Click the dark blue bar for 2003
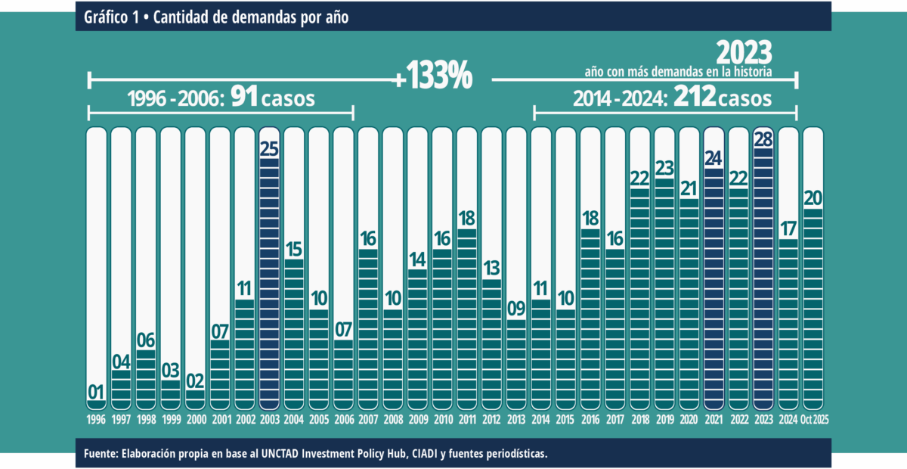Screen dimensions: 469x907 pos(270,287)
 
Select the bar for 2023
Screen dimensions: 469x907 pos(763,280)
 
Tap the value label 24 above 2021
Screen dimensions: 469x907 pos(714,158)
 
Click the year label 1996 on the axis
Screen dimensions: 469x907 pos(96,420)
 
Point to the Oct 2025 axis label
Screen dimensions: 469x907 pos(813,420)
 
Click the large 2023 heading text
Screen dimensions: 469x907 pos(744,53)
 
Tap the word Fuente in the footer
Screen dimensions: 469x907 pos(101,454)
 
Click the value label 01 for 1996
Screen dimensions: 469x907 pos(96,393)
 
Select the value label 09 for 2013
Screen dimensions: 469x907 pos(516,309)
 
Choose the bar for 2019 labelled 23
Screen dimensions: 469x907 pos(664,295)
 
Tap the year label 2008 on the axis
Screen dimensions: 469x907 pos(393,420)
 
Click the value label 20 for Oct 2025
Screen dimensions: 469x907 pos(813,198)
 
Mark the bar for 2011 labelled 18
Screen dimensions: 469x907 pos(467,318)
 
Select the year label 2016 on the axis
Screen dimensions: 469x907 pos(590,420)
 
